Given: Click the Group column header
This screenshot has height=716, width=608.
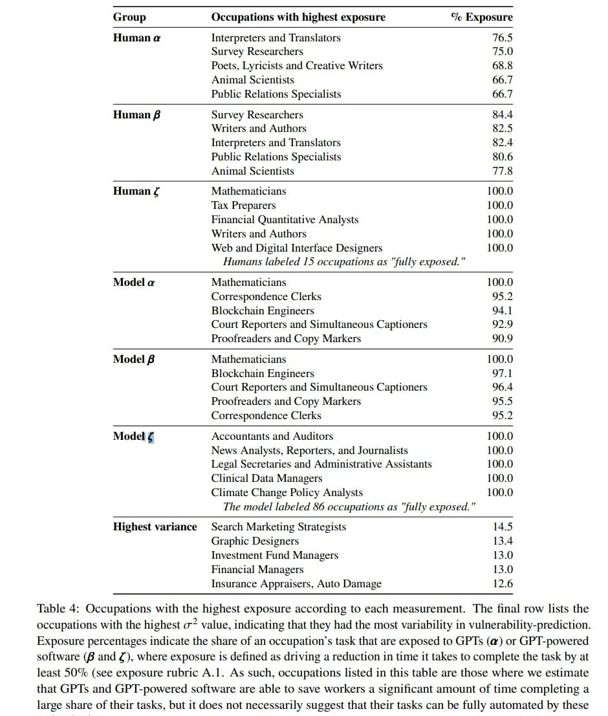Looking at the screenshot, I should tap(129, 17).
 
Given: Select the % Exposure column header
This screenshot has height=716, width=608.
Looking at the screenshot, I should tap(481, 17).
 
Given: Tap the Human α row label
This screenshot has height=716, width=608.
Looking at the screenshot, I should tap(136, 38).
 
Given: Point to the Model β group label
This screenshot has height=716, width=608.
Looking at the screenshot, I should tap(134, 359).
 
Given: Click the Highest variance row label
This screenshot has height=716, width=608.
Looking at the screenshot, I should tap(155, 526).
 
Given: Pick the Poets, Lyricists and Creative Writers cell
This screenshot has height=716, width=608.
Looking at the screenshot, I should tap(297, 65).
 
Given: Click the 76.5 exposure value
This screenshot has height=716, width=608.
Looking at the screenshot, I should tap(502, 38).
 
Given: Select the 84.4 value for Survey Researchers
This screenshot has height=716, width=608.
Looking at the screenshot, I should tap(502, 114).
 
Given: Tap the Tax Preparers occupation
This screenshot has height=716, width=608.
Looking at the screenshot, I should tap(243, 205).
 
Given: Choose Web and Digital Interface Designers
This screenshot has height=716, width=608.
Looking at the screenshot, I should tap(297, 248).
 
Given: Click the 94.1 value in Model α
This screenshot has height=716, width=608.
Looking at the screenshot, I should tap(502, 310).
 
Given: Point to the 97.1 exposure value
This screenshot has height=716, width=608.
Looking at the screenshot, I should tap(502, 373).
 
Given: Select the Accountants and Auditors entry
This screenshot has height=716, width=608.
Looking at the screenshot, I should tap(272, 436).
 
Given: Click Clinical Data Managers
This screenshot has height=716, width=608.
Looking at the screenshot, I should tap(266, 478).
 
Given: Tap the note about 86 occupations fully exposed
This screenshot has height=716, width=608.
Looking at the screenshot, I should tap(349, 506).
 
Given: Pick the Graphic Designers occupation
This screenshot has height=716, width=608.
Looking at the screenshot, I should tap(255, 541).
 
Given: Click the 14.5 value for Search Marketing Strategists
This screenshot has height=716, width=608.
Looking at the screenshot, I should tap(503, 526).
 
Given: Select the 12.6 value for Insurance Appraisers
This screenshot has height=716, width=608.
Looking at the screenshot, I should tap(503, 583).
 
